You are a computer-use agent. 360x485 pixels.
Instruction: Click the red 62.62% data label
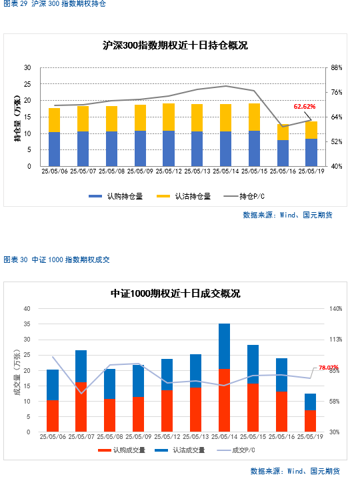pos(305,106)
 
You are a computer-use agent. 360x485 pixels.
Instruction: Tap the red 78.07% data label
pos(329,368)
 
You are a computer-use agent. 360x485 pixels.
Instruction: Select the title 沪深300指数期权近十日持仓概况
pos(175,45)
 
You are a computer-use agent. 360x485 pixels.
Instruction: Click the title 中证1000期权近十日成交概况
pos(175,294)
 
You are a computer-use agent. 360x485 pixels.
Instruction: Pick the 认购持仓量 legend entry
pos(115,196)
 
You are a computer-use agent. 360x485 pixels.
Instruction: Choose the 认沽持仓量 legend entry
pos(183,196)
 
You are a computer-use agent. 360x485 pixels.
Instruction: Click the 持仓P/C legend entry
pos(244,196)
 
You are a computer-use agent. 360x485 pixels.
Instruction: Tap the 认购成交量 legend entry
pos(121,450)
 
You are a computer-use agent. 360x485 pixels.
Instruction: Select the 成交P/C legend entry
pos(236,450)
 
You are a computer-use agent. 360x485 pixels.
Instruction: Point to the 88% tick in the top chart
pos(337,67)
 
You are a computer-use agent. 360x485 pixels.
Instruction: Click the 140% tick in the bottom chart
pos(335,309)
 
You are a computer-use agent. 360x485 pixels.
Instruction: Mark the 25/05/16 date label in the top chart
pos(283,171)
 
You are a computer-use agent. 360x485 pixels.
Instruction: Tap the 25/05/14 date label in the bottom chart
pos(225,437)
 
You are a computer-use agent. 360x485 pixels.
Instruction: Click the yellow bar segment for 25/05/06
pos(55,120)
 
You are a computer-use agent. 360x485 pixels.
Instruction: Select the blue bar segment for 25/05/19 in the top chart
pos(311,153)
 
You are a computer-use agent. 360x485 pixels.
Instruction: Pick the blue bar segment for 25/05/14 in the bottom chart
pos(225,346)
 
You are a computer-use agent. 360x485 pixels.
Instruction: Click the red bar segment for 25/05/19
pos(310,421)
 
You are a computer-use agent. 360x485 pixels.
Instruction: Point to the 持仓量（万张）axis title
pos(17,119)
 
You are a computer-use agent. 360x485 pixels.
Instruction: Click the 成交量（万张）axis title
pos(17,372)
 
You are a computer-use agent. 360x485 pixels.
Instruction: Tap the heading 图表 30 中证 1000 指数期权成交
pos(57,260)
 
